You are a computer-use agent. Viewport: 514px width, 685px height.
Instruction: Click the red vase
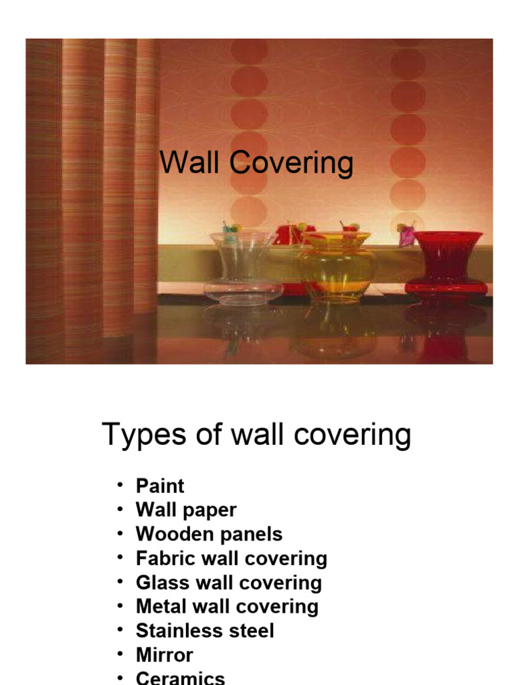click(x=446, y=264)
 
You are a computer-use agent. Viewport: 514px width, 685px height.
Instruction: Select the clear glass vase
click(x=243, y=268)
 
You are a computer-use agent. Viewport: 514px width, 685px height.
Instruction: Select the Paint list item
click(x=160, y=486)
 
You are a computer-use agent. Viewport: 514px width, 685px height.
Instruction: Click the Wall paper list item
click(x=186, y=510)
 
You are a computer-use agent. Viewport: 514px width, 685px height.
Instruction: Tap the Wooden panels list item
click(x=209, y=534)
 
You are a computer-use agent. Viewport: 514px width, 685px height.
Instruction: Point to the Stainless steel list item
click(x=205, y=631)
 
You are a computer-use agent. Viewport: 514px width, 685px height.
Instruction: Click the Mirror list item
click(x=164, y=655)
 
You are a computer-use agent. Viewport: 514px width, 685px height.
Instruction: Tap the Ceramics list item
click(x=180, y=678)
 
